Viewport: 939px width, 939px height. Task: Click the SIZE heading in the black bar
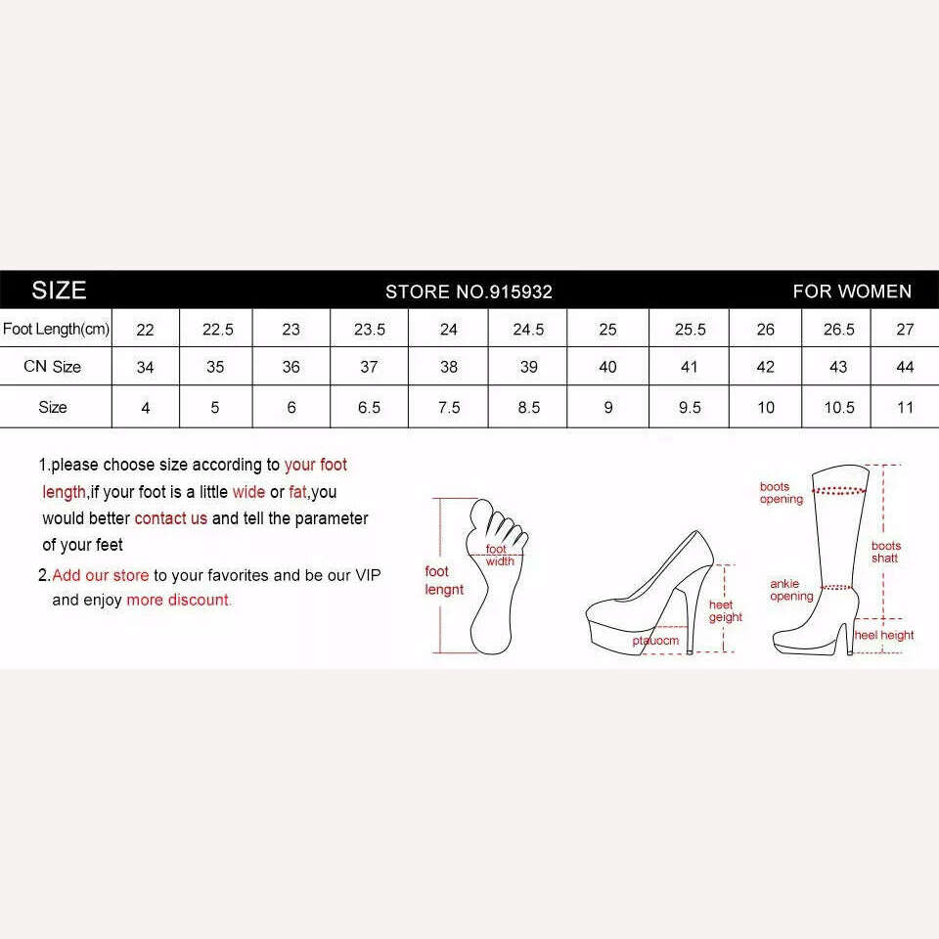point(59,291)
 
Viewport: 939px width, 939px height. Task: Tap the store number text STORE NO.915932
point(469,291)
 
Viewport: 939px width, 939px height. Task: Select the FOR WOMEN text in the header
point(852,291)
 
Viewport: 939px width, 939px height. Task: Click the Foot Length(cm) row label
point(57,329)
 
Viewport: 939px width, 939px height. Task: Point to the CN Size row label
point(52,367)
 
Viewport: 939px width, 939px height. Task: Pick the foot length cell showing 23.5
point(370,330)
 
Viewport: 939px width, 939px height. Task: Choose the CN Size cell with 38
point(449,367)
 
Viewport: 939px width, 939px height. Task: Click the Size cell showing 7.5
point(449,408)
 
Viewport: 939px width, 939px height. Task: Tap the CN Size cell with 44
point(905,367)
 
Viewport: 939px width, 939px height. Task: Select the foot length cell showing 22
point(145,330)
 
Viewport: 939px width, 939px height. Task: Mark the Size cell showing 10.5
point(839,408)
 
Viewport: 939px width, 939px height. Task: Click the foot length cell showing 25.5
point(690,330)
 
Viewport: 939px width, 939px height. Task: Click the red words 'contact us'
point(170,518)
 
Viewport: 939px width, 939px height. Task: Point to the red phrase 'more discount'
point(178,600)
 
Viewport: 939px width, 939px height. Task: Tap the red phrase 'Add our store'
point(101,575)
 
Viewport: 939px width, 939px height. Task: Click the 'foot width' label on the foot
point(500,556)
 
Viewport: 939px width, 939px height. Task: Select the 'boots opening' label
point(781,493)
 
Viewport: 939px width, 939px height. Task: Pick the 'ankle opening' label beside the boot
point(791,590)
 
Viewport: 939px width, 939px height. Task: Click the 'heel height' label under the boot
point(884,636)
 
